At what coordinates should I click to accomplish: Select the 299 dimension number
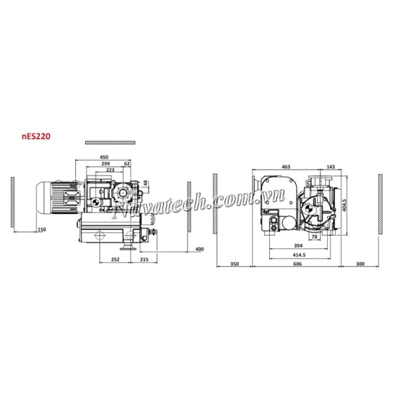click(x=105, y=164)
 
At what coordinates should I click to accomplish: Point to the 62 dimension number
click(x=127, y=164)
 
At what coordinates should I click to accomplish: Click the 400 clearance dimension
click(x=199, y=249)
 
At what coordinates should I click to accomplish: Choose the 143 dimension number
click(x=331, y=166)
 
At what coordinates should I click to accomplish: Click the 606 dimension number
click(x=297, y=265)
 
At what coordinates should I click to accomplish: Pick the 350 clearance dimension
click(x=233, y=265)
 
